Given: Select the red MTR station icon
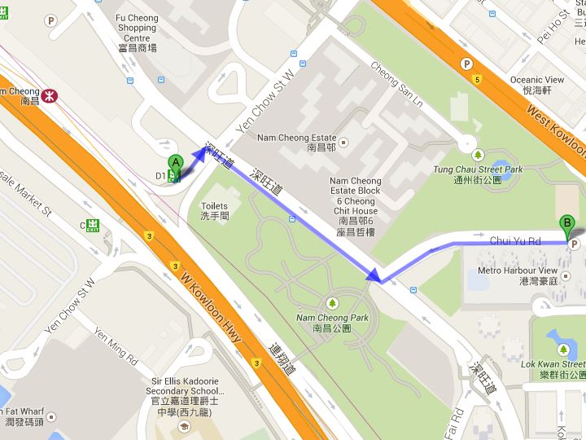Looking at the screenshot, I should pos(50,95).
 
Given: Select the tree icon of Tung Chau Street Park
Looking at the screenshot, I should pos(479,155).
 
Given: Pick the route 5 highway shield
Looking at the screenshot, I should pos(476,79).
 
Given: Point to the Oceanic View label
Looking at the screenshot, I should pos(536,84).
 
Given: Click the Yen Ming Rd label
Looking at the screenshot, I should pos(116,344).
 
